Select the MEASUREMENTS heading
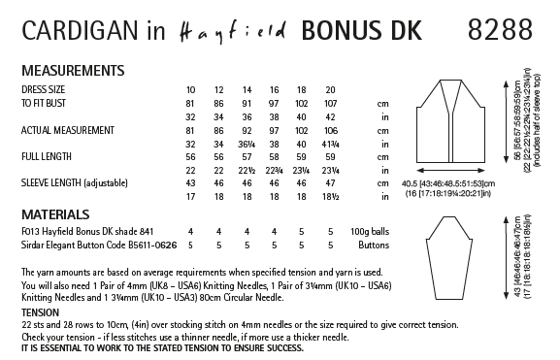(x=65, y=71)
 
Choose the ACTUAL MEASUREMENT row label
(x=67, y=128)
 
